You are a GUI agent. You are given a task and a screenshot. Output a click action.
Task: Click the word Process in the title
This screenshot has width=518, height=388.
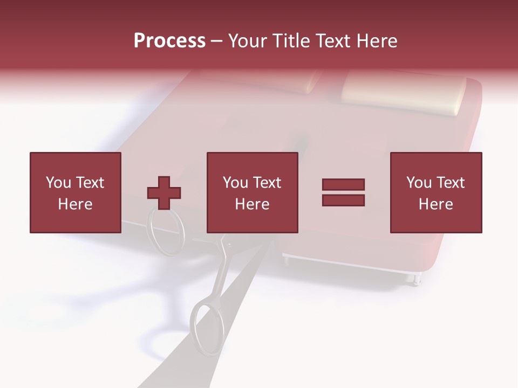169,41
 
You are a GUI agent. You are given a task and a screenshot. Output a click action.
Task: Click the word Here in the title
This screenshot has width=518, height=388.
378,41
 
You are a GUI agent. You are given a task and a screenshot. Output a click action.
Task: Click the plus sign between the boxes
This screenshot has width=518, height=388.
164,193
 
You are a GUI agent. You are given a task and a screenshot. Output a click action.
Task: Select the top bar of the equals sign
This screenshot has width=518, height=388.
343,184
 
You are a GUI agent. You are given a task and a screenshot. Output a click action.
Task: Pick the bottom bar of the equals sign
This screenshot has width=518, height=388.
343,200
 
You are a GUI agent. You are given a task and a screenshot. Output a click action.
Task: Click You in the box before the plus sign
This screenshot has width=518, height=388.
58,183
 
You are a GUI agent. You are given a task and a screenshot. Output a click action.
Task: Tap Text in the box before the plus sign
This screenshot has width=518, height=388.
89,183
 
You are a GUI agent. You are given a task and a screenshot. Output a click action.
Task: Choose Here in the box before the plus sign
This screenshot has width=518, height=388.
75,204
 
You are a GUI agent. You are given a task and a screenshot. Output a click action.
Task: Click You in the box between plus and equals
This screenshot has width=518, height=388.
235,183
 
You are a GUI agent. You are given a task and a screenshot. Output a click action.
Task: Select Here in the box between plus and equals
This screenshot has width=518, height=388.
252,204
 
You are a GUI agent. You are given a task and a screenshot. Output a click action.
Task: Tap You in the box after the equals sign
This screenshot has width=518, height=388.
419,183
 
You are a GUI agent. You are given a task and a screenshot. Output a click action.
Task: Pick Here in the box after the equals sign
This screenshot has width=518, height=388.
435,204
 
